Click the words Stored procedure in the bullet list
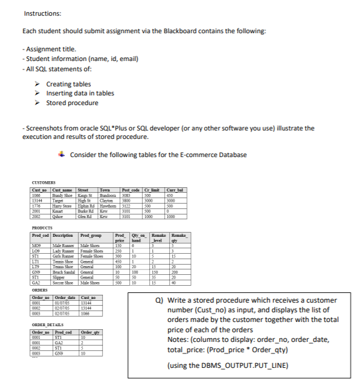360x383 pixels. pyautogui.click(x=72, y=103)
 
